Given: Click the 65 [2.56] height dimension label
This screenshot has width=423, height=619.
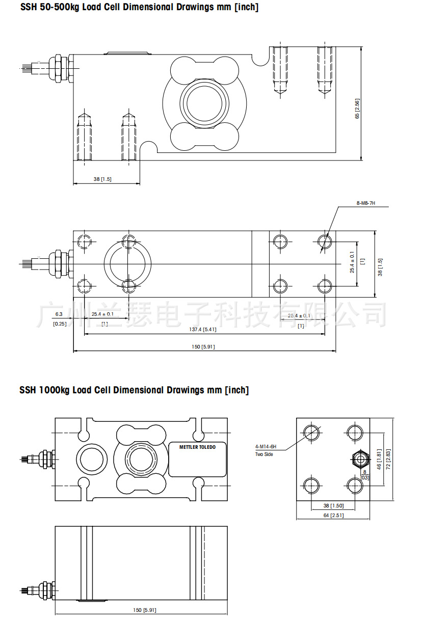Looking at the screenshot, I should (357, 109).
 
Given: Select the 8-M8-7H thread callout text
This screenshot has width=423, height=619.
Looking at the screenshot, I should (365, 203).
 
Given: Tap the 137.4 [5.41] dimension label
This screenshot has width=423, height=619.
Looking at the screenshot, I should (203, 330).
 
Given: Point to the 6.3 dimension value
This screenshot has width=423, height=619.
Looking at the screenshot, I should (59, 314).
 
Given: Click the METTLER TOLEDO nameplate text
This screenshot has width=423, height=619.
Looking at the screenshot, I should (197, 447).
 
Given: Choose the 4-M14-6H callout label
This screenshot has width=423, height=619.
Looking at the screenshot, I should (266, 446).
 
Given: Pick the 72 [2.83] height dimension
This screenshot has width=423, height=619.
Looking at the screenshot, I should (388, 460).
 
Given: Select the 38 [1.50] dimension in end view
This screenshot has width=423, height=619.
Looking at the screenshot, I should (333, 506).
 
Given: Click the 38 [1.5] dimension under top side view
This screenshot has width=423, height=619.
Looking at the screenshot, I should (102, 179).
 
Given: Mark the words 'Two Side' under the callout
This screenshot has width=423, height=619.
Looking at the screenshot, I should (264, 454).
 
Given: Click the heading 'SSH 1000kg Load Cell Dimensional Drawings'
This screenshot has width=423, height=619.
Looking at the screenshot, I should (134, 390).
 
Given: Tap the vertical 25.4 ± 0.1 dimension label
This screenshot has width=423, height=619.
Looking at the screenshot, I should (352, 262).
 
